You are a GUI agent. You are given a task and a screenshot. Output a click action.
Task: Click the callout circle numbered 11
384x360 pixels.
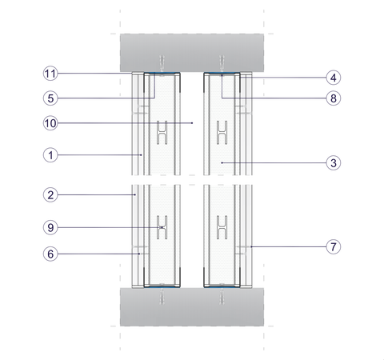[x=50, y=74]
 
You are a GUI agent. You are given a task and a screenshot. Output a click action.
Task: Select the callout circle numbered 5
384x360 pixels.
[x=50, y=98]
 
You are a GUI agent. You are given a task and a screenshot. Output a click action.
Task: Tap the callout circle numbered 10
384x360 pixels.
[x=50, y=123]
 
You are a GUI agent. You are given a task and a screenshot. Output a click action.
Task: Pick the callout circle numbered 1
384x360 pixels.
[x=50, y=155]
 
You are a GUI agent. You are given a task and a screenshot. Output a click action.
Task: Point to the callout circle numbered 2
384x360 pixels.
[x=50, y=195]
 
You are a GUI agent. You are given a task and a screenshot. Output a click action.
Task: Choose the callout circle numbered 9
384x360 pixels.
[x=50, y=227]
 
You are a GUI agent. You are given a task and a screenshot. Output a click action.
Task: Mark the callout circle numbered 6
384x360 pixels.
[x=50, y=254]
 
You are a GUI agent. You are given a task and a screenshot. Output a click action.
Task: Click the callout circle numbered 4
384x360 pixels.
[x=334, y=78]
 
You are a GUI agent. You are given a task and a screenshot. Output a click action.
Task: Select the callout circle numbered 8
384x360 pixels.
[x=334, y=98]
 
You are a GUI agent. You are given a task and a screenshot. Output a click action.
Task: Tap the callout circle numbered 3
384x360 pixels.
[x=334, y=163]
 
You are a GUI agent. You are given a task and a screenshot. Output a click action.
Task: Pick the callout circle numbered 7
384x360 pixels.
[x=334, y=246]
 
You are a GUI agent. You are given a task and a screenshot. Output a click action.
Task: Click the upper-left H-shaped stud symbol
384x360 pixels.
[x=162, y=133]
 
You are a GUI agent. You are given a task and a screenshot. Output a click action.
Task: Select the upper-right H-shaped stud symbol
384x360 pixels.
[x=222, y=133]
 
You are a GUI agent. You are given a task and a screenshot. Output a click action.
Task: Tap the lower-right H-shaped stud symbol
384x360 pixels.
[x=222, y=227]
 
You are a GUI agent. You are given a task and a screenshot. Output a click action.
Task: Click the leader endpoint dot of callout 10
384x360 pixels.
[x=192, y=123]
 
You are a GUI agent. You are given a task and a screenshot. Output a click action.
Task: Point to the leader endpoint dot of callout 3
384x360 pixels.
[x=222, y=162]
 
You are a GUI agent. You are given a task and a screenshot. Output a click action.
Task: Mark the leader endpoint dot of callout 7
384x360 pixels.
[x=251, y=246]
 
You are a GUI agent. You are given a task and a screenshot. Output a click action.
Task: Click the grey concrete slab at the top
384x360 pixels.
[x=192, y=53]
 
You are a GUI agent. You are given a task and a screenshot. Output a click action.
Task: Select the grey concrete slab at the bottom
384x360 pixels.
[x=192, y=306]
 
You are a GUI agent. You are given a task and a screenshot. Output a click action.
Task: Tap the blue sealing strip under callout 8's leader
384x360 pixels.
[x=222, y=73]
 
